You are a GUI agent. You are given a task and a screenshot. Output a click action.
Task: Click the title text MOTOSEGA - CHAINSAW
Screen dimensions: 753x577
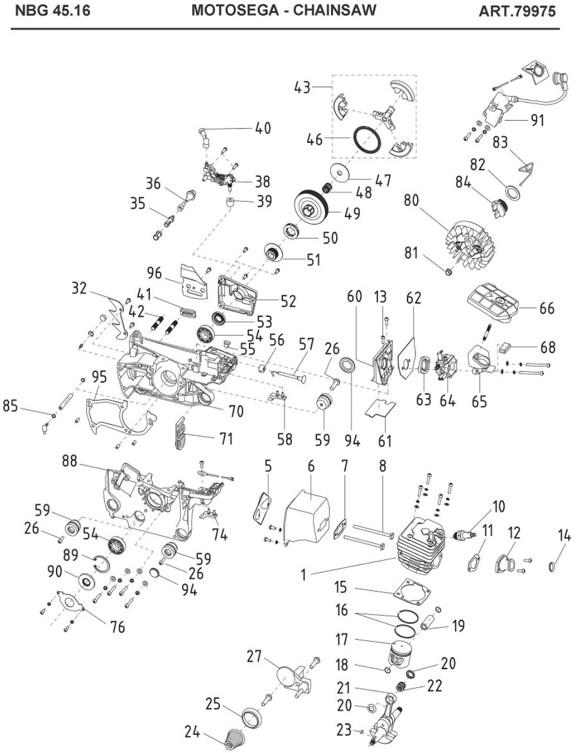coord(283,11)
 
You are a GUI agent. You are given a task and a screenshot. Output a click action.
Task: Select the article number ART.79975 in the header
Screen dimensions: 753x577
coord(516,11)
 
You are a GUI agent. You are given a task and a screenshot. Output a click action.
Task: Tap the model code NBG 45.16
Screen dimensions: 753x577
coord(52,11)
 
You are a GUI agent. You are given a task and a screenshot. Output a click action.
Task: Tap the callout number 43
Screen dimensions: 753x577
coord(302,87)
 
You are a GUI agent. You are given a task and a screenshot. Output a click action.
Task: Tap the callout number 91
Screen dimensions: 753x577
coord(536,120)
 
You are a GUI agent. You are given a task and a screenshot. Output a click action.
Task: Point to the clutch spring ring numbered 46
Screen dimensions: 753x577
coord(366,139)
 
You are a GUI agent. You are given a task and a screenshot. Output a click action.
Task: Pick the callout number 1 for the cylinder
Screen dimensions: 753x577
coord(304,574)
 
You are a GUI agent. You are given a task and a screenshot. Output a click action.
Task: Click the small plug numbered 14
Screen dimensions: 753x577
coord(554,566)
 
